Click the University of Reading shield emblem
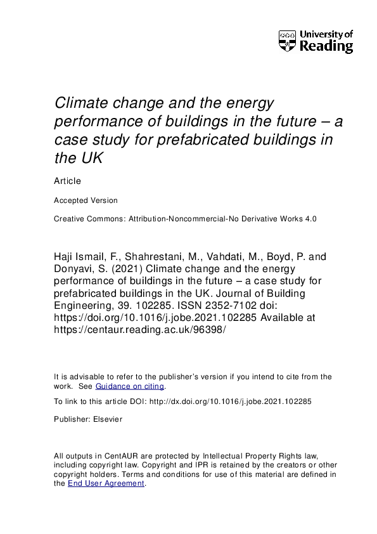pos(287,41)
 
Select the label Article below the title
pos(68,181)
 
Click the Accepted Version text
pos(86,200)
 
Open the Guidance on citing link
pos(130,386)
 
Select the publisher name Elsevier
pos(108,419)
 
